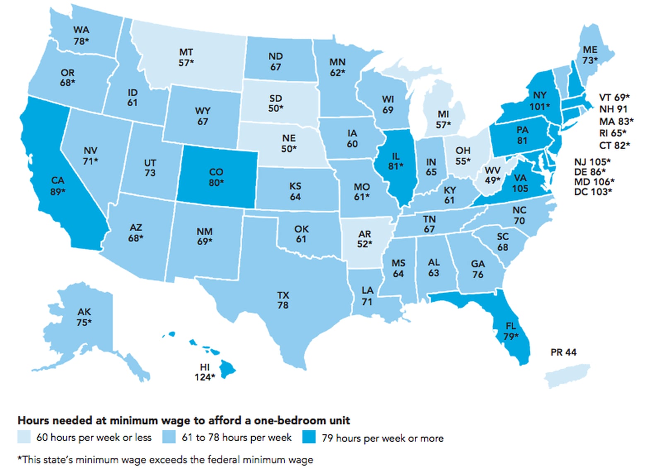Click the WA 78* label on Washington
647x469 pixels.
coord(81,36)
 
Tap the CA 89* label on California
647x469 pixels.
coord(58,186)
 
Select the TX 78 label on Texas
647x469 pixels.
coord(283,300)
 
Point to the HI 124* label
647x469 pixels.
coord(205,372)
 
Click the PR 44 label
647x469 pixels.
coord(563,352)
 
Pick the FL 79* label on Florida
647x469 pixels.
coord(511,331)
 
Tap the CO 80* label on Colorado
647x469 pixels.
coord(216,177)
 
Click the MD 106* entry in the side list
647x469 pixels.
coord(594,182)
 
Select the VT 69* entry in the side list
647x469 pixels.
coord(614,98)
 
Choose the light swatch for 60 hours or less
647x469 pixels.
coord(24,437)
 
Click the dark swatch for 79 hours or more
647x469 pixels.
coord(309,437)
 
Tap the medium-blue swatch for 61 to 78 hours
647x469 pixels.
coord(169,437)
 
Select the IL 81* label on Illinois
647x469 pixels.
coord(396,161)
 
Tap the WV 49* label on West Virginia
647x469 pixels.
coord(492,175)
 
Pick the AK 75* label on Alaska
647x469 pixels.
coord(84,317)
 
